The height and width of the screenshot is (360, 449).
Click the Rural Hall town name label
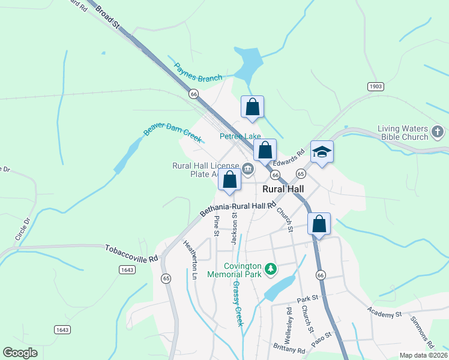[x=283, y=189]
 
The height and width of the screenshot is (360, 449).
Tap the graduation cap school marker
[x=321, y=152]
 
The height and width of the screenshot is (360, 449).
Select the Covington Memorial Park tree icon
[x=271, y=268]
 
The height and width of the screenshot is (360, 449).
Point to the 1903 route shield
[x=376, y=86]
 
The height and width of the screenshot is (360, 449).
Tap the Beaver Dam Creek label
[x=172, y=131]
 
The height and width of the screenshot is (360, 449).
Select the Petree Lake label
[x=240, y=136]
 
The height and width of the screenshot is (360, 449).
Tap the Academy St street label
[x=385, y=314]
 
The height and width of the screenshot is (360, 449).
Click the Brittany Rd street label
[x=289, y=349]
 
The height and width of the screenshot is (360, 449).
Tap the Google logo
[x=20, y=353]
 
